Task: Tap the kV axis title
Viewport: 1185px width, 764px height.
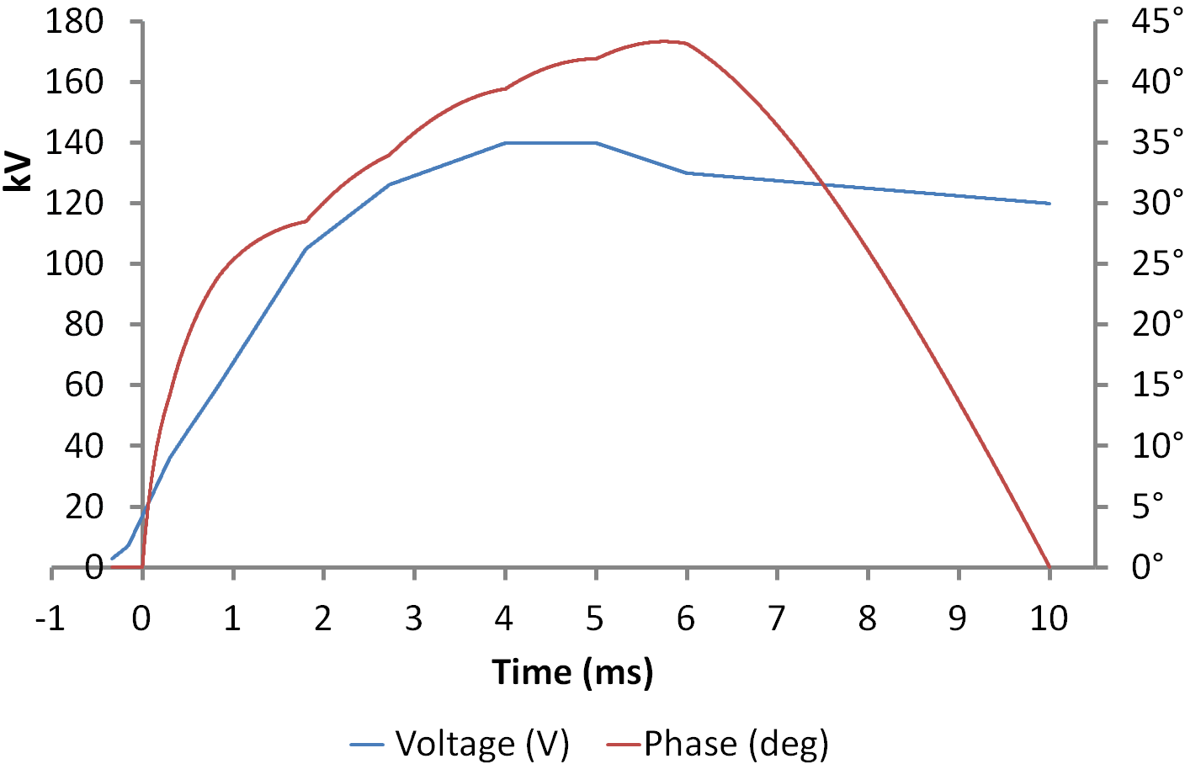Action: click(18, 172)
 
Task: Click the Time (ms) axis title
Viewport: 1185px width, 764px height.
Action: click(572, 672)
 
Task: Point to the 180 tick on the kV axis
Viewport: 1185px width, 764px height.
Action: click(75, 21)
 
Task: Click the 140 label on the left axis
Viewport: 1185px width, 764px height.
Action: click(75, 142)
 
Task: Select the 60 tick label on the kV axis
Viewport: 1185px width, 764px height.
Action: click(83, 385)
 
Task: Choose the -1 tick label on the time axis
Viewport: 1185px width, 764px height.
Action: click(50, 619)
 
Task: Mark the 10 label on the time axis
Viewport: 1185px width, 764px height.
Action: click(1049, 619)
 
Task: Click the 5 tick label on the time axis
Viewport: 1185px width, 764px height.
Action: click(595, 619)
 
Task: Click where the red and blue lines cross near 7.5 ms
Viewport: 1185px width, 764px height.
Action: click(822, 185)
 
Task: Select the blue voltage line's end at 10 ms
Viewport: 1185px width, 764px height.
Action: click(1049, 204)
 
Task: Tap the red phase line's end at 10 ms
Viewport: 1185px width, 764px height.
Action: click(1049, 566)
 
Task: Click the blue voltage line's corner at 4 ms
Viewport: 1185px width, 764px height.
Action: click(505, 143)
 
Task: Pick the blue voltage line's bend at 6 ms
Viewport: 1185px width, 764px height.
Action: click(687, 172)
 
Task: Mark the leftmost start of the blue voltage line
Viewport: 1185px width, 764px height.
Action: click(112, 558)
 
